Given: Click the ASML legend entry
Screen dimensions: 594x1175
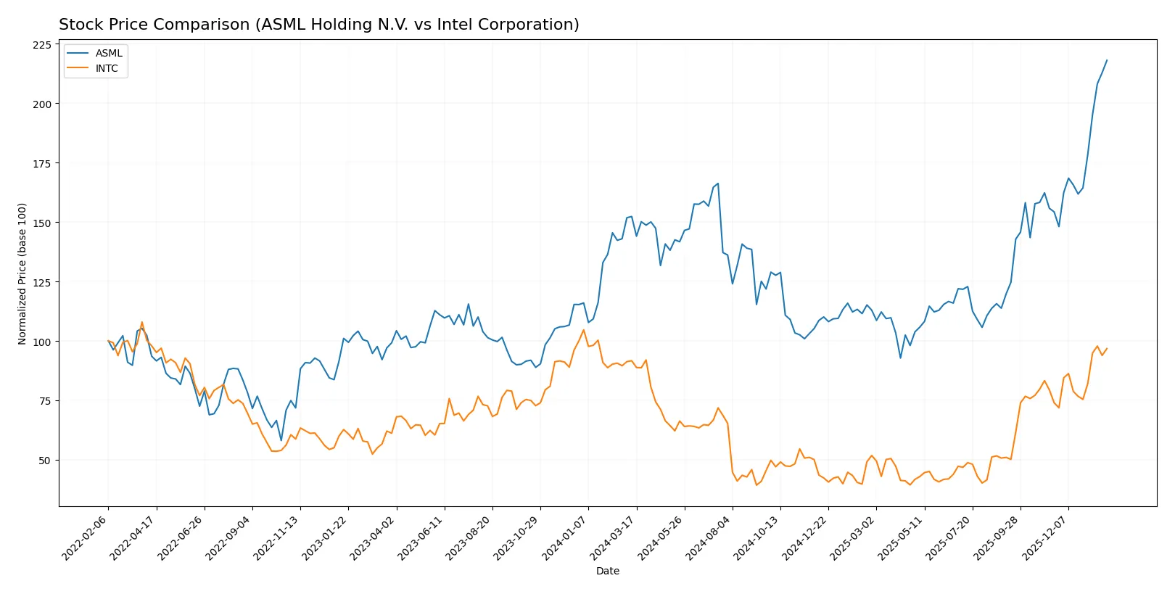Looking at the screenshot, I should (109, 53).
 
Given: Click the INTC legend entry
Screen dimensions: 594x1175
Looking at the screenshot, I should (107, 68).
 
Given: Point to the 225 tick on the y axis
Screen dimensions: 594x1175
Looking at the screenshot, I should (42, 45).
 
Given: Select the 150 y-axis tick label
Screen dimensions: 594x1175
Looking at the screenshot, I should (42, 223).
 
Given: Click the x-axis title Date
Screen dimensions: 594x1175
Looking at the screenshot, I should (607, 571).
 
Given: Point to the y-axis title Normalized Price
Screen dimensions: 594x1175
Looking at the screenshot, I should (22, 273).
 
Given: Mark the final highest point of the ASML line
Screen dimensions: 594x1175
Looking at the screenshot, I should (1107, 60).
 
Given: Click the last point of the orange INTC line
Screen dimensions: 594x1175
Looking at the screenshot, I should (1107, 349).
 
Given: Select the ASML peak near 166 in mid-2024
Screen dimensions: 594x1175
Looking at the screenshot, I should (717, 183).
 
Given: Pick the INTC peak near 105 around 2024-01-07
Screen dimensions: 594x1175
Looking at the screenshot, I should (583, 330).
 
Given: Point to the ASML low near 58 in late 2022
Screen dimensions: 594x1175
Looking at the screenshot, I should (281, 440).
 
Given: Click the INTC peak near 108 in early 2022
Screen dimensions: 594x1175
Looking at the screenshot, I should (142, 322).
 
